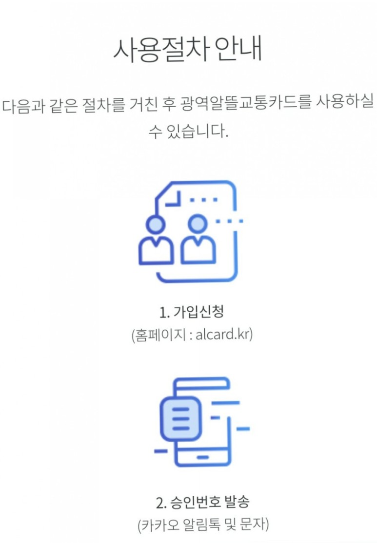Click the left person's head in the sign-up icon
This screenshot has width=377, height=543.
click(155, 225)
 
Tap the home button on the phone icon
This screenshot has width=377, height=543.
click(202, 457)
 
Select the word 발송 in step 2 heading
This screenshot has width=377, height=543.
click(237, 502)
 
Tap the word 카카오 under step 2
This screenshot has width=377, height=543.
click(157, 525)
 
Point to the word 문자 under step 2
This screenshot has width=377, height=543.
click(251, 525)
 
